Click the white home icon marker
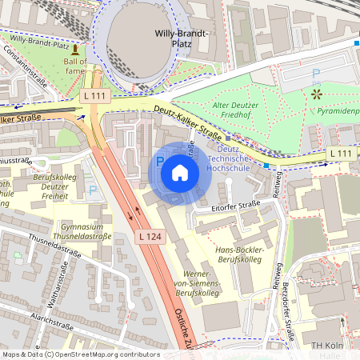click(x=180, y=173)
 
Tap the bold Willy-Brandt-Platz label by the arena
click(x=181, y=39)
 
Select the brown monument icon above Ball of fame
click(x=75, y=50)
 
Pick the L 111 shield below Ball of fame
click(x=94, y=96)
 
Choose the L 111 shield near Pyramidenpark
click(x=339, y=152)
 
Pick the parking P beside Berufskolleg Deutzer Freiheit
click(x=94, y=190)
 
